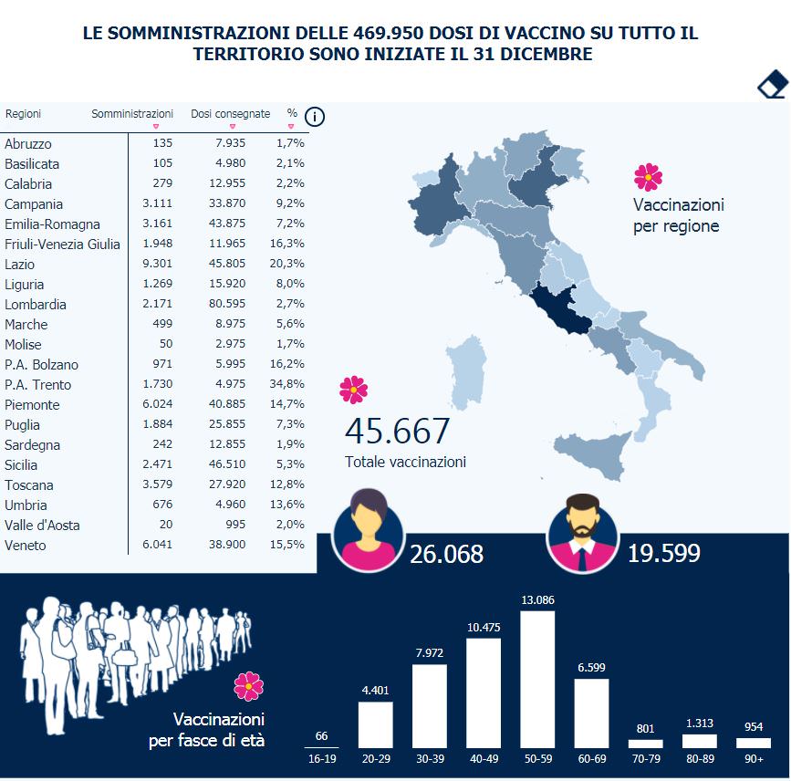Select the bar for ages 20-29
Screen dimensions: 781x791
coord(375,724)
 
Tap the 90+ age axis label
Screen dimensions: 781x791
coord(753,758)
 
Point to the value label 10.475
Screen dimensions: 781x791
coord(484,627)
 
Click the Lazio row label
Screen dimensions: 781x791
coord(19,264)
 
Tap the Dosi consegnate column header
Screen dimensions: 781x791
coord(230,114)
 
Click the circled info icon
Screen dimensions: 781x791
coord(315,117)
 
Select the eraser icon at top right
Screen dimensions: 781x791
coord(772,84)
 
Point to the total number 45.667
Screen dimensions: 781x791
coord(397,432)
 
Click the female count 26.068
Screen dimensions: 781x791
coord(446,554)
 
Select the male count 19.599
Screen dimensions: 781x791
coord(663,554)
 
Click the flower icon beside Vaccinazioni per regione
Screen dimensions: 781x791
coord(648,176)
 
